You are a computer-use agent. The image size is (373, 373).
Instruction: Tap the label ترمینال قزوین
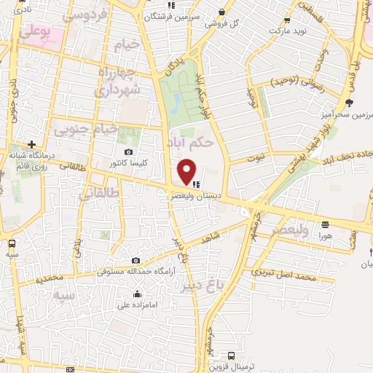click(x=231, y=366)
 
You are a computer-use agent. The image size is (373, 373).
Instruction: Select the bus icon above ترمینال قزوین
click(x=231, y=356)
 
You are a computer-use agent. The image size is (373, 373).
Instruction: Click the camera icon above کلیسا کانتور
click(x=128, y=152)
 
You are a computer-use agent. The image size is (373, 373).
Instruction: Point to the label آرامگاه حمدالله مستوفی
click(x=136, y=272)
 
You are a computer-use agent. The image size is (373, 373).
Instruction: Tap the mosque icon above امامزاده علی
click(x=137, y=294)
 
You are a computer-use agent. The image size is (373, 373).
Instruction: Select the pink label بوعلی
click(x=35, y=32)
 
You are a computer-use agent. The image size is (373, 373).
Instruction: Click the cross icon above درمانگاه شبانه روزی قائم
click(x=31, y=144)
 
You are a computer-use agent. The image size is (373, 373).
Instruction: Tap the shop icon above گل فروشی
click(x=221, y=11)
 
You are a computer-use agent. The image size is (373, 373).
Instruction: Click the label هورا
click(x=325, y=236)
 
